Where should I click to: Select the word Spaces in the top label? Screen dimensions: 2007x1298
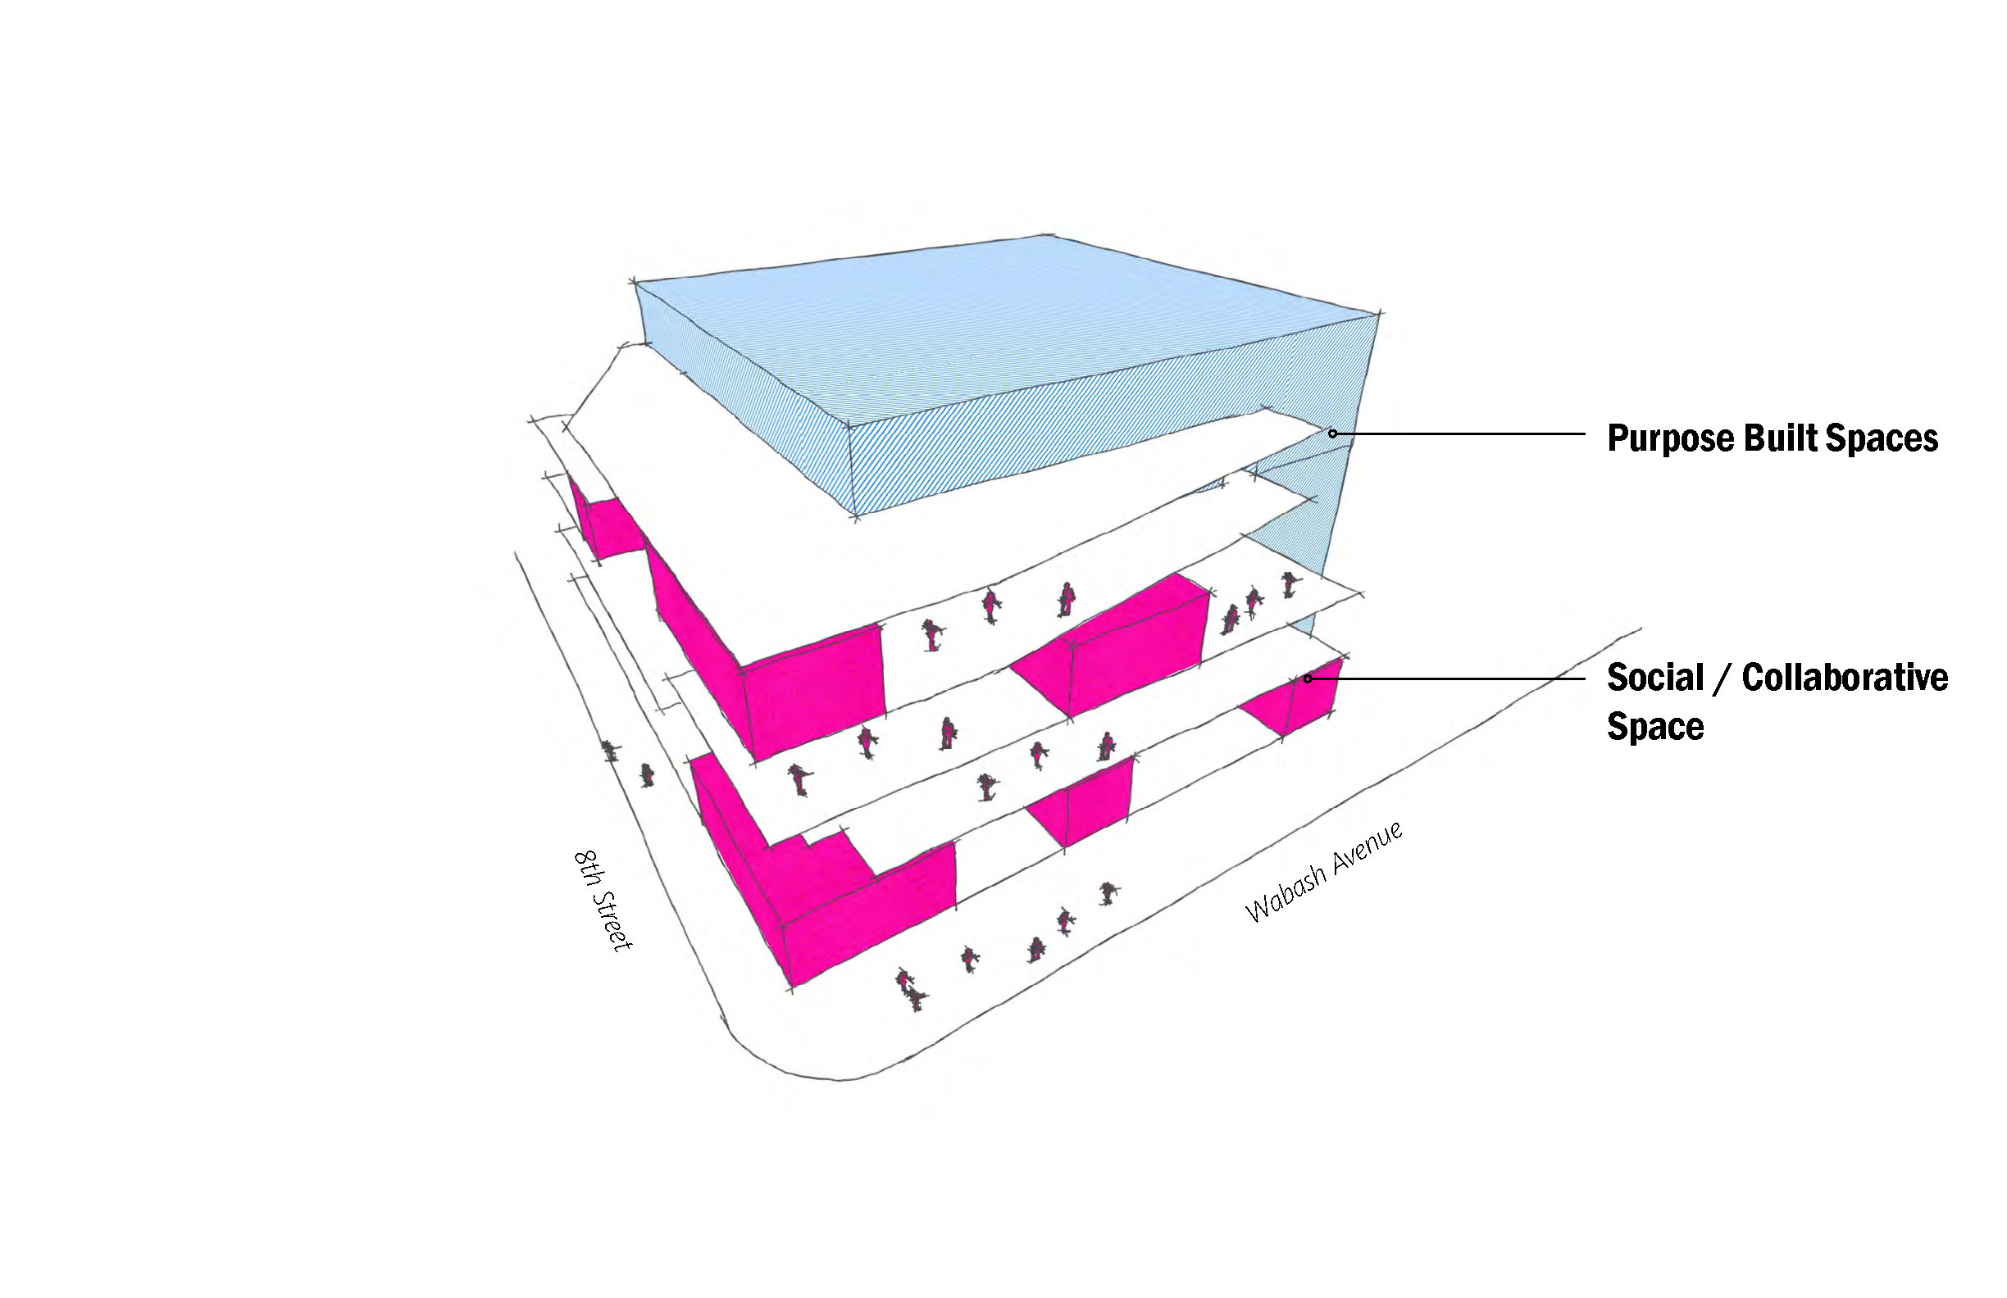point(1880,439)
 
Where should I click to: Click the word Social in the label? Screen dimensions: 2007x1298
point(1655,678)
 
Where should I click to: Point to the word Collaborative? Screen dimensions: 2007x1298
point(1845,678)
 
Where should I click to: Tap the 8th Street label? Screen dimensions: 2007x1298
point(603,901)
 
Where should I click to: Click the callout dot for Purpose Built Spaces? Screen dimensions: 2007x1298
point(1332,434)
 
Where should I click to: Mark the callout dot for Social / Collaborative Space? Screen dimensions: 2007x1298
point(1308,678)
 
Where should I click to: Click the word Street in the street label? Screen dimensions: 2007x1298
point(612,918)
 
